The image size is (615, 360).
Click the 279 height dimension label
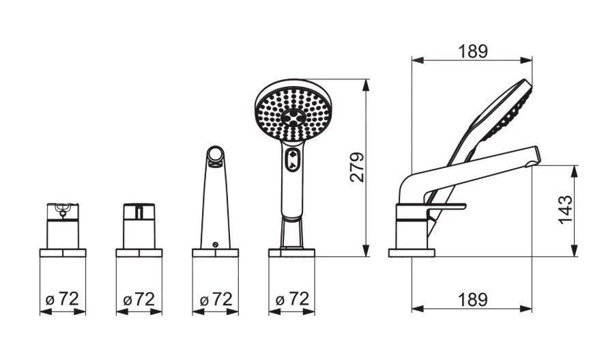tap(356, 167)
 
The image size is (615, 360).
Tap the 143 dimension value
tap(565, 210)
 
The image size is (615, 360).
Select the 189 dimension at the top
tap(472, 51)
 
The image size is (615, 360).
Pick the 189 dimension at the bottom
tap(472, 299)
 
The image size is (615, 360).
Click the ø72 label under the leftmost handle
tap(63, 299)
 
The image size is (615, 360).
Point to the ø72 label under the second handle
tap(139, 299)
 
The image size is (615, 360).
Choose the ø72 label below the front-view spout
tap(216, 299)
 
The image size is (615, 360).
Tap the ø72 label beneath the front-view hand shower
tap(292, 299)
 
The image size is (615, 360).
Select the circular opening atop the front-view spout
tap(216, 156)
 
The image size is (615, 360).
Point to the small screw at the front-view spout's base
tap(216, 245)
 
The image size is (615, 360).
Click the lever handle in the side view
tap(447, 207)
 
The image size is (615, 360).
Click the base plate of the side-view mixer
tap(412, 253)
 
